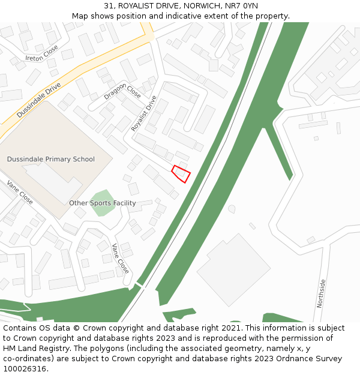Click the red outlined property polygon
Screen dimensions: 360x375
point(181,173)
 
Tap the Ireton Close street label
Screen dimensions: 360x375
point(43,53)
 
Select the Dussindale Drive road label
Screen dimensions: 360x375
point(39,100)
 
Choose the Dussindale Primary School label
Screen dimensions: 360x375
point(51,159)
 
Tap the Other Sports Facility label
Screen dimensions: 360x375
point(102,203)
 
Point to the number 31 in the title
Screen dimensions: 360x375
point(108,6)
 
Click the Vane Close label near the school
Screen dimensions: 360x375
point(20,193)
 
